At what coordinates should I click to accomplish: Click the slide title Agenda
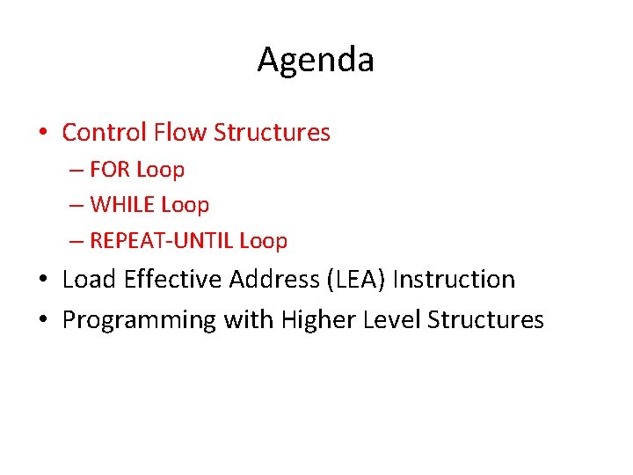(316, 60)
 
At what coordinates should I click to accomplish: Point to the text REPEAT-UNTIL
(162, 241)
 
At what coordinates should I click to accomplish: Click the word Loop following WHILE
(185, 205)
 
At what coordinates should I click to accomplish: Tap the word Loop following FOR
(160, 170)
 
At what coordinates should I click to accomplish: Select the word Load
(91, 280)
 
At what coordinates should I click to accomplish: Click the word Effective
(174, 280)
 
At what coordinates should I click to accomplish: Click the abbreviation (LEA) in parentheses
(356, 280)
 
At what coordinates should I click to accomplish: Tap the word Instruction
(454, 280)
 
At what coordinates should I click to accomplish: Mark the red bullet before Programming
(43, 321)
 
